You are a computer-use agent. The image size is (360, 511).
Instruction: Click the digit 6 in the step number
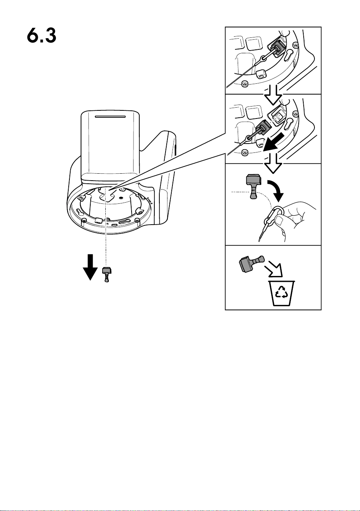tap(33, 36)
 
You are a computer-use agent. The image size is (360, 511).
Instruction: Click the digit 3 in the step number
tap(49, 36)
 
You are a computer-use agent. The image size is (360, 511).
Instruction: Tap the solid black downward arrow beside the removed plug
tap(90, 267)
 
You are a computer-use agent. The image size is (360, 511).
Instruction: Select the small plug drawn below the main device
tap(106, 274)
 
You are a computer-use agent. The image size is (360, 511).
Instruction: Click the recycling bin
tap(282, 293)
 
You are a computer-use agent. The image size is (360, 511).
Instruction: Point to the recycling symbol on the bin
tap(282, 292)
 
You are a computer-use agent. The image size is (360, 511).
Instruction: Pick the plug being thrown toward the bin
tap(251, 264)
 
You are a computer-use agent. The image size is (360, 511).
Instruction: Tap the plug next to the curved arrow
tap(253, 186)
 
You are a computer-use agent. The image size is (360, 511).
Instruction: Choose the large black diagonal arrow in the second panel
tap(273, 142)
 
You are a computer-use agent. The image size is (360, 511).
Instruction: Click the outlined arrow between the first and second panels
tap(273, 95)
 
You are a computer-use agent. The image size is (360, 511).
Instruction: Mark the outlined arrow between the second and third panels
tap(273, 163)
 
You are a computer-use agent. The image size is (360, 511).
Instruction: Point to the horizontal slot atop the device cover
tap(110, 117)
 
